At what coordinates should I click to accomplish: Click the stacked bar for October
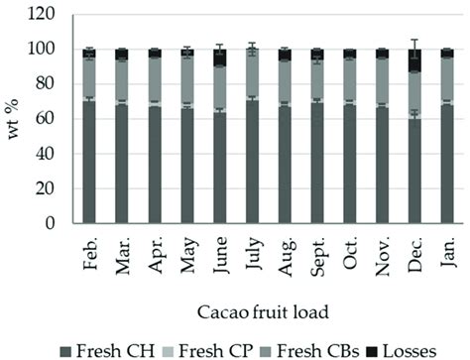pos(349,139)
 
